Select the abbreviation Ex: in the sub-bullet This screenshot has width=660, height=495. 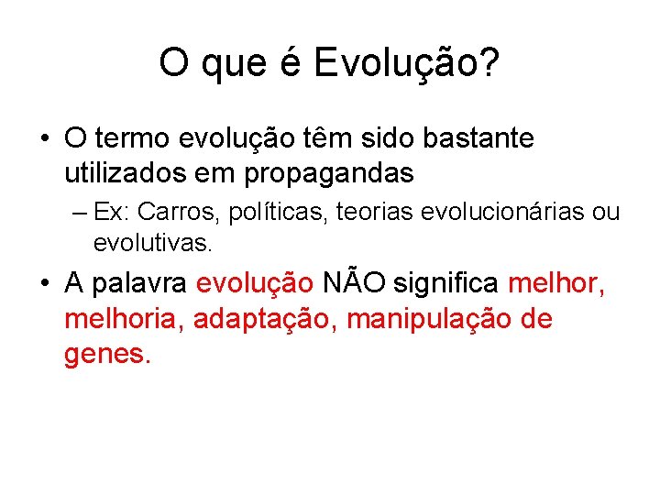[x=113, y=213]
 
